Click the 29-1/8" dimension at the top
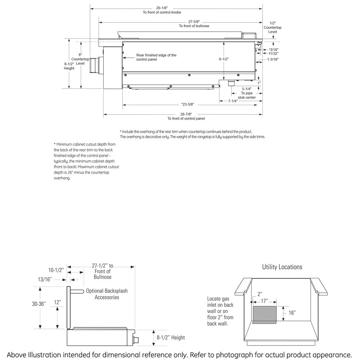(162, 8)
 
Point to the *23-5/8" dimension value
(187, 104)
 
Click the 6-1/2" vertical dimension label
(224, 59)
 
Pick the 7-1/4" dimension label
(233, 101)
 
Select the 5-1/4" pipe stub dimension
(247, 89)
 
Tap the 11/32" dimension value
(274, 53)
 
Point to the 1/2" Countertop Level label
(272, 27)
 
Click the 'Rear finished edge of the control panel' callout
(156, 57)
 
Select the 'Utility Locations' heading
(282, 267)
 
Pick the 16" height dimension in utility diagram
(292, 313)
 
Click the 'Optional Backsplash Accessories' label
(106, 294)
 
